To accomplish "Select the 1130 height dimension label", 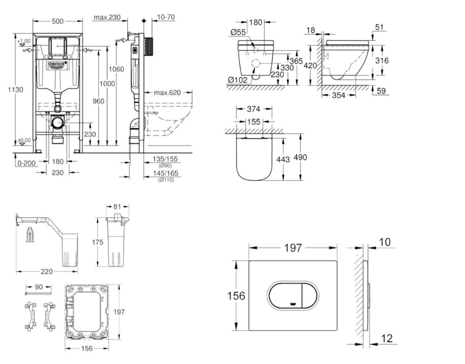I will click(x=15, y=90).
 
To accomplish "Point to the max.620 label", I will click(x=167, y=93).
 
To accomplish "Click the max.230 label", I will click(x=107, y=18).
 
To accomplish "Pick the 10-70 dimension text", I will click(x=166, y=18).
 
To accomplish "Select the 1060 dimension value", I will click(x=117, y=69).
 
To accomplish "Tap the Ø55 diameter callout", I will click(x=238, y=32).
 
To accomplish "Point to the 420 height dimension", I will click(x=310, y=65).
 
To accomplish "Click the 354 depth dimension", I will click(x=338, y=95).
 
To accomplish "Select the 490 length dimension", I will click(x=301, y=157).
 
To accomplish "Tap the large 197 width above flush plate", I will click(x=293, y=248).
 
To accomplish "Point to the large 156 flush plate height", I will click(x=236, y=296).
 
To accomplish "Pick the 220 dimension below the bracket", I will click(x=46, y=272).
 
